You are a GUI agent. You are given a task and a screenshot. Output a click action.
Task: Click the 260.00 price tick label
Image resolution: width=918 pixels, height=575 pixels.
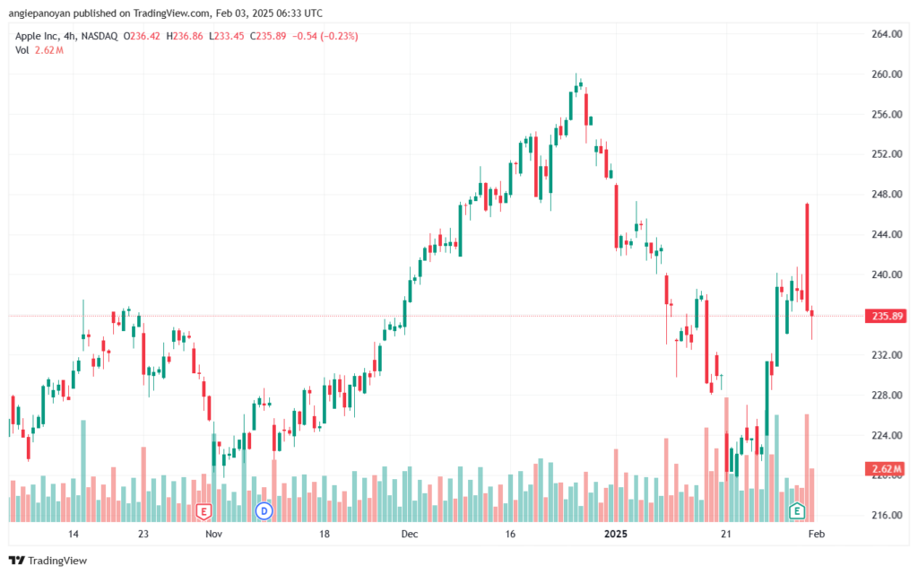coord(887,74)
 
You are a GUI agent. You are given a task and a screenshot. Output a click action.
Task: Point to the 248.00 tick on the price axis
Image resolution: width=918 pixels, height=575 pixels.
coord(887,195)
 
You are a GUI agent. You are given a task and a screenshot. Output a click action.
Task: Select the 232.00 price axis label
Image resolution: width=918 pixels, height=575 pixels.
coord(887,355)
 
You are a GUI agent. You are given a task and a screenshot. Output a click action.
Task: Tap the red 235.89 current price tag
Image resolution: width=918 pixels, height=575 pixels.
coord(887,316)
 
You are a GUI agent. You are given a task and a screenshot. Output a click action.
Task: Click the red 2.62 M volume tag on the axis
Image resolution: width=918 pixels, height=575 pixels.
coord(887,469)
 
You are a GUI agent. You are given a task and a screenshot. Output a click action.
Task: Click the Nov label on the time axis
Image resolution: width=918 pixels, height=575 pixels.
coord(213,534)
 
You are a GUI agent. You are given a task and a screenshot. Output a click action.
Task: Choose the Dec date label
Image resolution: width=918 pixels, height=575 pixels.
coord(409,534)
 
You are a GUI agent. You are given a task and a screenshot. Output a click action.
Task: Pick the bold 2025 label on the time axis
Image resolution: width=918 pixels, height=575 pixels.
coord(615,534)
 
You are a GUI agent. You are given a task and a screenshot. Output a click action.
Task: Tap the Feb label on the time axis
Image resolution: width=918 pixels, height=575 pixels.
coord(816,534)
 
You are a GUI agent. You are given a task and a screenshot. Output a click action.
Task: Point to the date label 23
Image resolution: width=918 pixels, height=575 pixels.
coord(143,534)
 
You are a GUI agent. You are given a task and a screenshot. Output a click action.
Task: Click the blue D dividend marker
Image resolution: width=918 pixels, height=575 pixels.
coord(264,511)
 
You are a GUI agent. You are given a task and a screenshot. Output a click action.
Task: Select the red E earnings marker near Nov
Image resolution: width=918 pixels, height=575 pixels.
coord(204,511)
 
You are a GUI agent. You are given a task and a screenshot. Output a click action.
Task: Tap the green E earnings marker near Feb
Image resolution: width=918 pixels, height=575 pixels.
coord(796,511)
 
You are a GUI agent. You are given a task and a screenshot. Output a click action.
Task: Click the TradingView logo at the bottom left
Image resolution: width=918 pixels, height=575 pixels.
coord(48,561)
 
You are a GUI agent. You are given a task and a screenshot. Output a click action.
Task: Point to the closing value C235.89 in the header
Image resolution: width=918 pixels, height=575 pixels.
coord(268,36)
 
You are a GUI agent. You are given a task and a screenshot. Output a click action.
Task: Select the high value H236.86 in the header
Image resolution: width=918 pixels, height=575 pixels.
coord(185,36)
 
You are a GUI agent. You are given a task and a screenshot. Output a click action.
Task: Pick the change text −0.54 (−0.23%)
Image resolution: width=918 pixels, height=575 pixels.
coord(325,36)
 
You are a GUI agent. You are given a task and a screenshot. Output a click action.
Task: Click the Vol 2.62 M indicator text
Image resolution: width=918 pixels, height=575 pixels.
coord(39,50)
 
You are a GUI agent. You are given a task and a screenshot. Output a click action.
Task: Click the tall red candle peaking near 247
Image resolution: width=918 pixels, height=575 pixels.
coord(808,257)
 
